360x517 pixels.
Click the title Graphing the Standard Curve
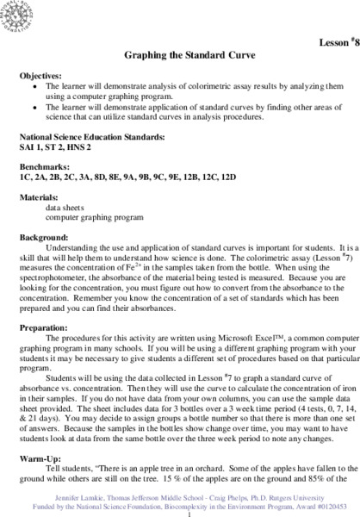click(x=179, y=54)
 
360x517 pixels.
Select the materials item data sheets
click(x=70, y=200)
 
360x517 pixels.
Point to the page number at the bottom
click(x=179, y=511)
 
